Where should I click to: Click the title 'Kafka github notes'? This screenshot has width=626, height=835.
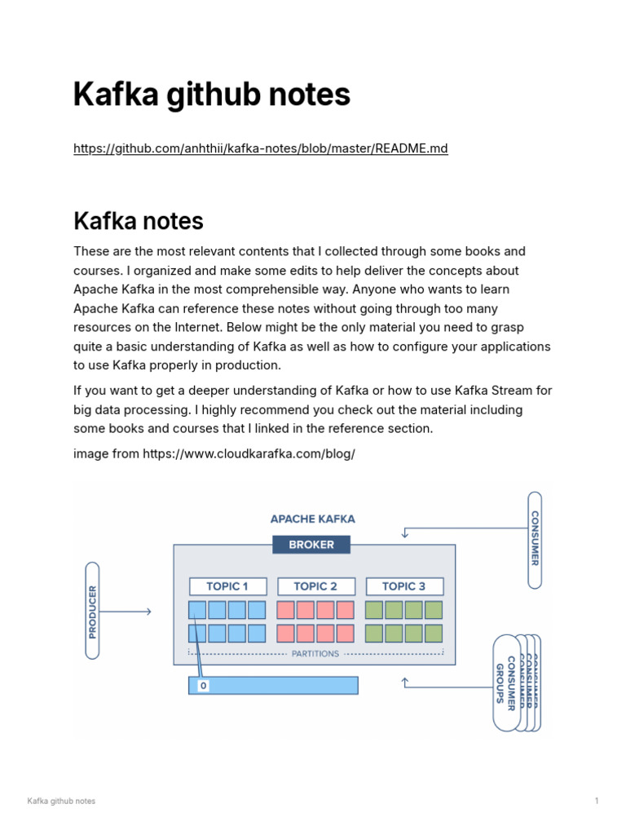[212, 95]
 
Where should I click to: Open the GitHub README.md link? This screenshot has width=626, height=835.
[261, 148]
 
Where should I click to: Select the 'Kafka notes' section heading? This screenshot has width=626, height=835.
[139, 221]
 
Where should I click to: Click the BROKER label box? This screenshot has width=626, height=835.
[311, 545]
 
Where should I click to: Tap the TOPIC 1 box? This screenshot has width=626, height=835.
[227, 586]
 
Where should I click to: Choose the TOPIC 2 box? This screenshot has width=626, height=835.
[315, 586]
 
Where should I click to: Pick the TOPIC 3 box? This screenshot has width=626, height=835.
[404, 586]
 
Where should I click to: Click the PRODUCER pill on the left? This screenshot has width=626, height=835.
[92, 610]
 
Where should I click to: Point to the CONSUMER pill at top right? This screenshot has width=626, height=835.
[535, 539]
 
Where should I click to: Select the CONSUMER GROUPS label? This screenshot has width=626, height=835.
[506, 683]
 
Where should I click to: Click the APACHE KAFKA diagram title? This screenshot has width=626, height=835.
[312, 519]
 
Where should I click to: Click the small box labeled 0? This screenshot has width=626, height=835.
[203, 686]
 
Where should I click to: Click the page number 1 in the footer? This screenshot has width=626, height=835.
[597, 801]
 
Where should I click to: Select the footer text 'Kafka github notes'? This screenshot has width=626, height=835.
[61, 801]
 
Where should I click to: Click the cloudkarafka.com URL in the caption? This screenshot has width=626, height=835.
[249, 453]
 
